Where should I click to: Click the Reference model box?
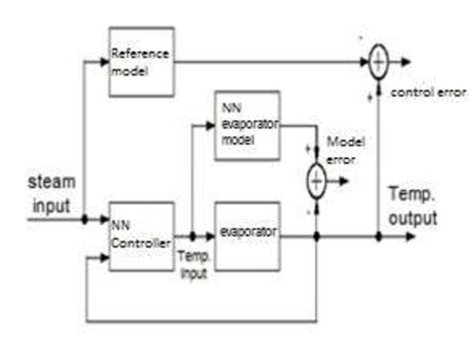141,62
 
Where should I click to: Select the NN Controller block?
141,236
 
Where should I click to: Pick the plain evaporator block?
246,236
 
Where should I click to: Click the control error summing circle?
379,63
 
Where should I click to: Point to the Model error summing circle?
315,180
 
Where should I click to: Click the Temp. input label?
191,266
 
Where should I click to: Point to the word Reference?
140,53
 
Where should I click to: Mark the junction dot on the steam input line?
86,219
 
